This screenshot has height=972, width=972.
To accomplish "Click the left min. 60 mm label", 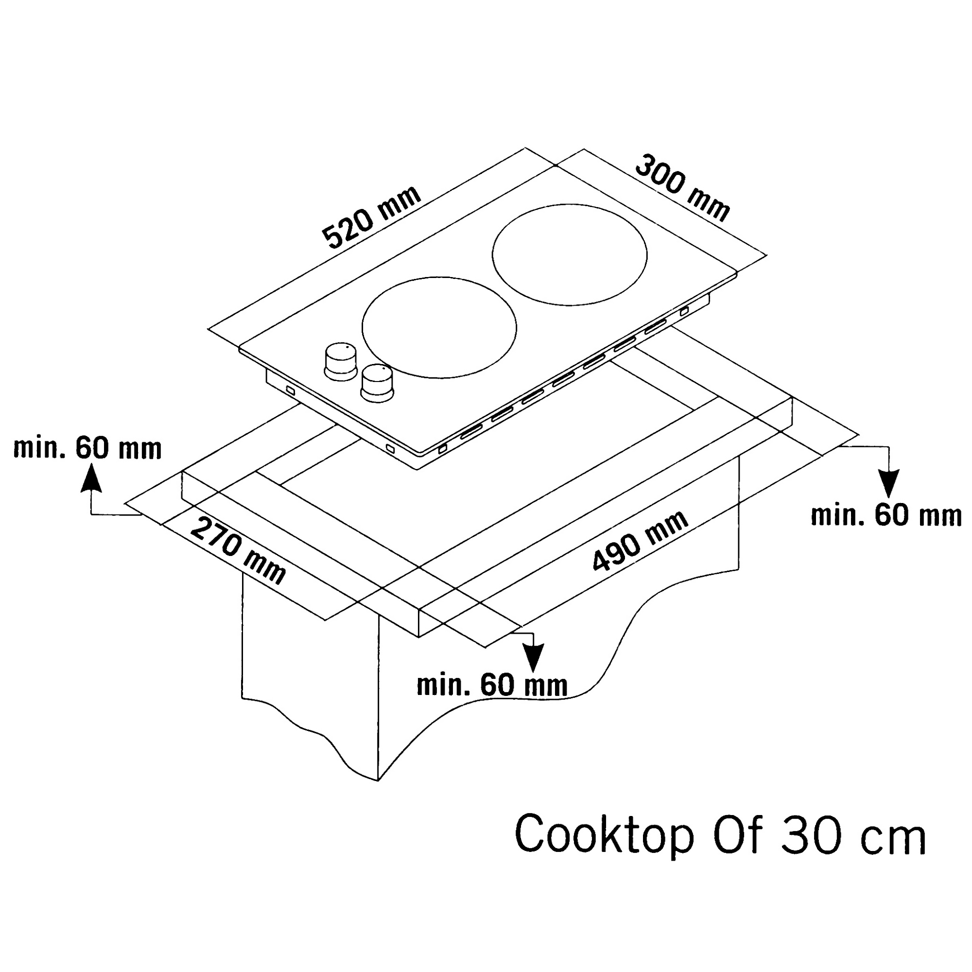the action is [87, 448].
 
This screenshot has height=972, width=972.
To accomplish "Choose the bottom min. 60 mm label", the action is [492, 685].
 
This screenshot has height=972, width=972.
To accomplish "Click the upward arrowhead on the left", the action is [91, 478].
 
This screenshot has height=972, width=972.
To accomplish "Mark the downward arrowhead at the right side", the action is [889, 485].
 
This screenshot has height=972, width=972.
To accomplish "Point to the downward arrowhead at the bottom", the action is [533, 657].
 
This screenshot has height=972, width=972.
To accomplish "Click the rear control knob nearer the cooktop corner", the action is [341, 361].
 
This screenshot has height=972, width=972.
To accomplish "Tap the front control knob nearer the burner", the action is [377, 383].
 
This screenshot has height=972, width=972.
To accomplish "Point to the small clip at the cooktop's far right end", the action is [684, 312].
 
